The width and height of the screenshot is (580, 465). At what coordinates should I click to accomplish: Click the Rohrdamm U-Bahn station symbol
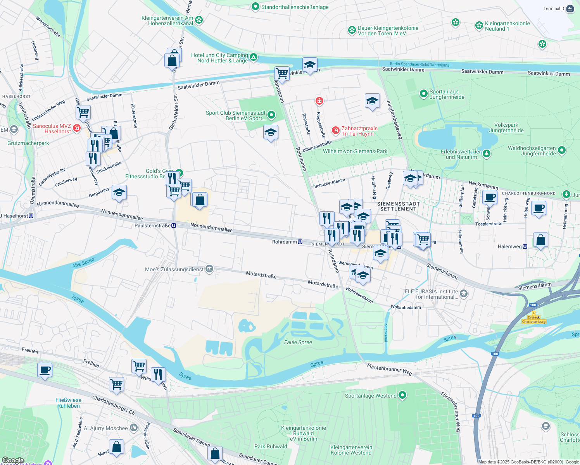coord(300,242)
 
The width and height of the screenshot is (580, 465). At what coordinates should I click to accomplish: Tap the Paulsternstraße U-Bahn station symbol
coord(174,226)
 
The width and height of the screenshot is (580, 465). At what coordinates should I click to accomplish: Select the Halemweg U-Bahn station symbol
coord(525,246)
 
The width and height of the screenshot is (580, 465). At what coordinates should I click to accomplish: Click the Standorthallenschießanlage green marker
coord(255,7)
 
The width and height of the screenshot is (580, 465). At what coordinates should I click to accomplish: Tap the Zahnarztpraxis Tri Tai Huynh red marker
coord(335,131)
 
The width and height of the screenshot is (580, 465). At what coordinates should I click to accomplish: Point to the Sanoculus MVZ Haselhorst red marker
coord(77,128)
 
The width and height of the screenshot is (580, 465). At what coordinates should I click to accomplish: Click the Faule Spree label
coord(298,342)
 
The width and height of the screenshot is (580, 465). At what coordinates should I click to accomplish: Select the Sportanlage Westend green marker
coord(402,395)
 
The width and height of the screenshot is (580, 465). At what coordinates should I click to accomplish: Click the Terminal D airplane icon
coord(570,9)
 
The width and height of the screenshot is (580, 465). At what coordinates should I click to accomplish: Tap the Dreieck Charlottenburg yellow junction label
coord(533,320)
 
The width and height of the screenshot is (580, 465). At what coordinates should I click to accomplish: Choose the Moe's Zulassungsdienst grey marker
coord(209,269)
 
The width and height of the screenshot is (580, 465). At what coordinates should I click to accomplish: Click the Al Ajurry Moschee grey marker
coord(134,428)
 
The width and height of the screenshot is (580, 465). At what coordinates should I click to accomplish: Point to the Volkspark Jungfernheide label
coord(506,127)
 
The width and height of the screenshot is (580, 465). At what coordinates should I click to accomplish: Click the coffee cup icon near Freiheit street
coord(45,370)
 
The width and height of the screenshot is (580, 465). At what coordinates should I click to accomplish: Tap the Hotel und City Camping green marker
coord(254,57)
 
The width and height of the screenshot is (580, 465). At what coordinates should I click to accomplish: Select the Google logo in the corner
coord(13,460)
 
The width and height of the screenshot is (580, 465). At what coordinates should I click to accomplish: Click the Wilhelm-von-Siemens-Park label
coord(355,151)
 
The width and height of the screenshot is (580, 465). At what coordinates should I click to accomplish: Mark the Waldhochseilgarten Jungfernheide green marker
coord(562,150)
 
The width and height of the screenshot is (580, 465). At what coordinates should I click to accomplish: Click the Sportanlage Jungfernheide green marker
coord(424,94)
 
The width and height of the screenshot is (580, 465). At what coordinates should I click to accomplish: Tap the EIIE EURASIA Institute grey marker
coord(464,294)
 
